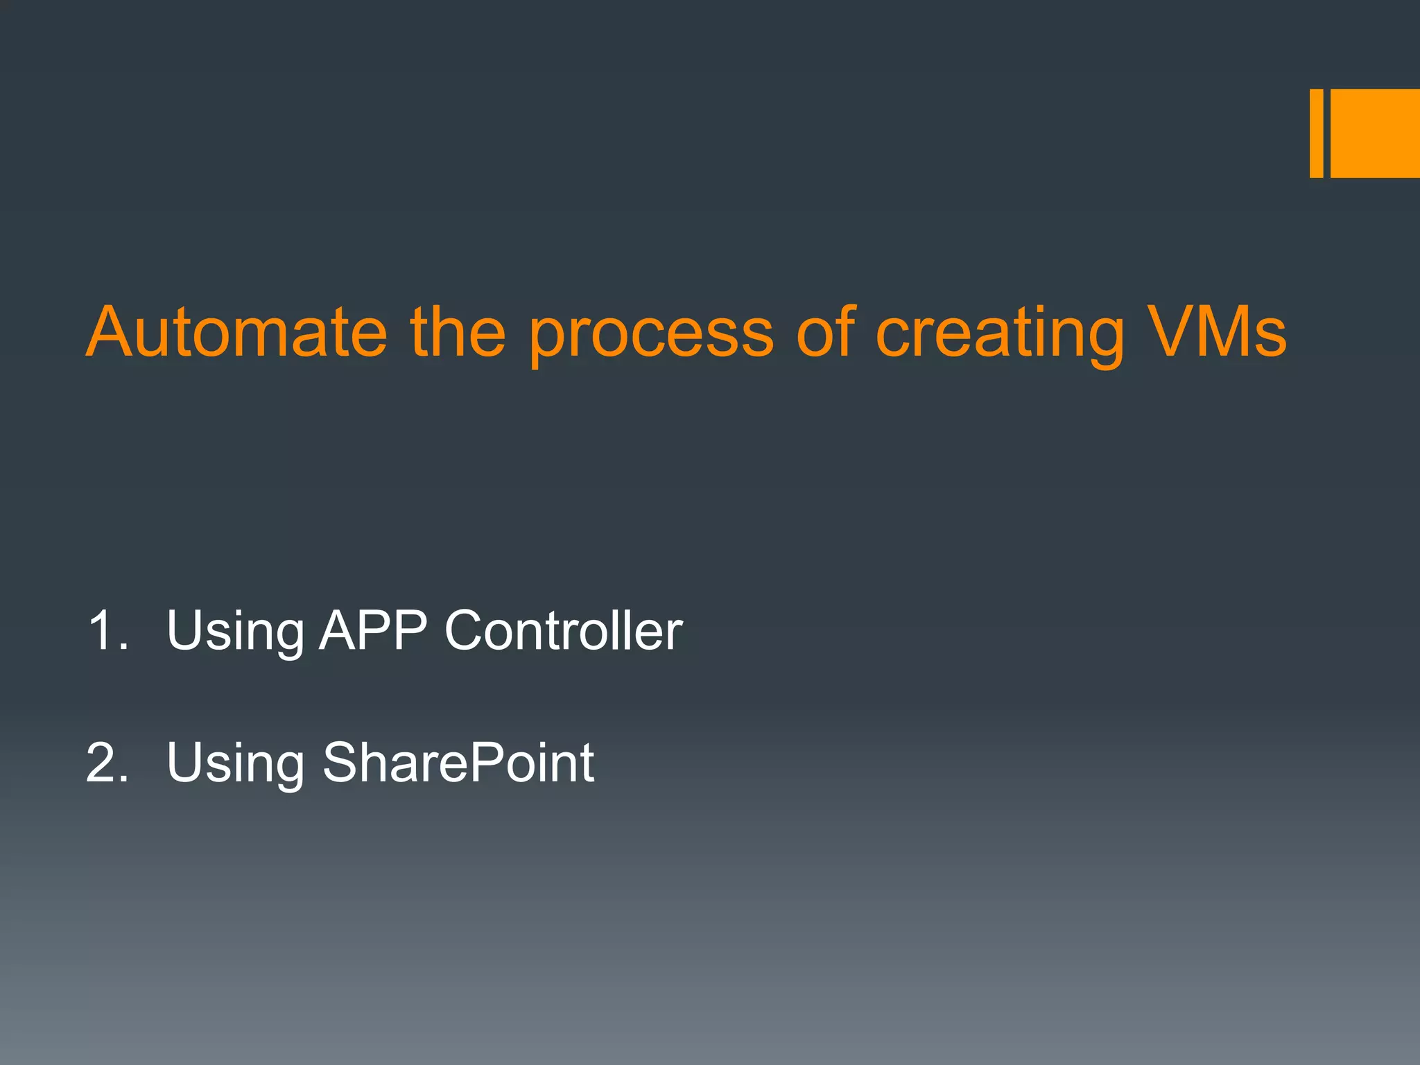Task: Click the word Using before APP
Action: pyautogui.click(x=234, y=632)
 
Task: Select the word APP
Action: pyautogui.click(x=372, y=630)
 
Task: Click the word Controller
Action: pyautogui.click(x=563, y=630)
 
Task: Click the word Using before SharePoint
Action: pyautogui.click(x=234, y=765)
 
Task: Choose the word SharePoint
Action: pyautogui.click(x=458, y=763)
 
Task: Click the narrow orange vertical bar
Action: pyautogui.click(x=1316, y=133)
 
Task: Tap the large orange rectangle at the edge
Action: pyautogui.click(x=1375, y=133)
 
